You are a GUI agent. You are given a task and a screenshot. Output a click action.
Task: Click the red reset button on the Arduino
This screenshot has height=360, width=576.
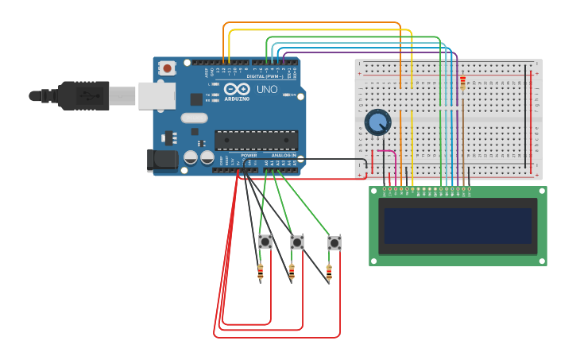click(167, 68)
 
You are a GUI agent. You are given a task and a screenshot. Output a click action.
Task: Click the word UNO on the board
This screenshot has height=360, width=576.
click(267, 90)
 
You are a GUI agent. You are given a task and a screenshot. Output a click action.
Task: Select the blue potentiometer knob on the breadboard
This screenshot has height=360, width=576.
click(378, 122)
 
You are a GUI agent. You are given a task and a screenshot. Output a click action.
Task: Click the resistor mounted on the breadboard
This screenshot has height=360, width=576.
click(463, 83)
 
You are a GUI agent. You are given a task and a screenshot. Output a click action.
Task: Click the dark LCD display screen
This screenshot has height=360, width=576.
click(457, 226)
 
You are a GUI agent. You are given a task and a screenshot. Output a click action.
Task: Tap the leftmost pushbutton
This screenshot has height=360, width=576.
click(265, 241)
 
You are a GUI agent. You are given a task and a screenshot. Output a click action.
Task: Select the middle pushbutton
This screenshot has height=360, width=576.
click(297, 242)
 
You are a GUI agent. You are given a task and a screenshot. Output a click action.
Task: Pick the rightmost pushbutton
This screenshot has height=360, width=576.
click(334, 243)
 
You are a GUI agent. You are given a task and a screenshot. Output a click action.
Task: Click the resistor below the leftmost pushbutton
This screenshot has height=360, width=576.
click(261, 273)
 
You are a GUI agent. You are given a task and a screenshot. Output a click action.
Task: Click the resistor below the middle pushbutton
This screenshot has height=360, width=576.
click(292, 273)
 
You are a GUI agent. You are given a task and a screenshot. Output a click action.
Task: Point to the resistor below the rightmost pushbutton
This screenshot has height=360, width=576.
click(329, 273)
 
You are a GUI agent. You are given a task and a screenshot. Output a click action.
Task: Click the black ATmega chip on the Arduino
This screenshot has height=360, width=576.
click(256, 141)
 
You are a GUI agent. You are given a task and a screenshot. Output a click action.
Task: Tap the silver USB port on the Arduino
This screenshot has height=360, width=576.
click(157, 95)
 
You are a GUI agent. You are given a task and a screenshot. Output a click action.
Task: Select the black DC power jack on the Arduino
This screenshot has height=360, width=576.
click(163, 160)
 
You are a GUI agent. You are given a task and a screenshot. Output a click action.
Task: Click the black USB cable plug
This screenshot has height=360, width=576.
click(83, 95)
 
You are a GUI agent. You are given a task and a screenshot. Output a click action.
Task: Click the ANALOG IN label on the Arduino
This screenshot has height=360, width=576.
click(283, 155)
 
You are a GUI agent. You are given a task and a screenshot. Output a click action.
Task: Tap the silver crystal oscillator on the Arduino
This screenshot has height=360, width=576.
click(194, 118)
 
